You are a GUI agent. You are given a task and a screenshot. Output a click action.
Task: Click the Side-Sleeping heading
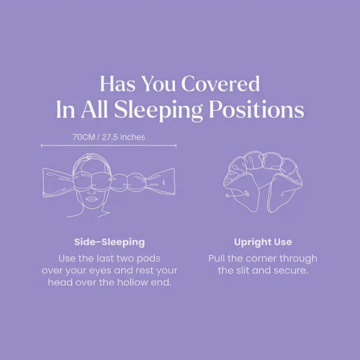(109, 242)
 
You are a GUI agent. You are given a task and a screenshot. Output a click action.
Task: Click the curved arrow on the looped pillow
(230, 194)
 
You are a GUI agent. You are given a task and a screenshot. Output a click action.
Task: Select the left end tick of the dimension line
(42, 145)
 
